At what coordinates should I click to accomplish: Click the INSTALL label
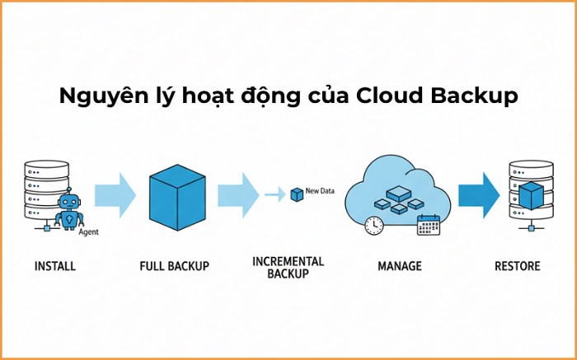[x=54, y=266]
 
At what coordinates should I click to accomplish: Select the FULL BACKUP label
[x=175, y=266]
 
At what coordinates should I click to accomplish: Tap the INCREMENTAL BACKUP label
[x=288, y=267]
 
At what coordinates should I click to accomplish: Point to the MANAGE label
[x=399, y=266]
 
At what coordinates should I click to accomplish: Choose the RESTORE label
[x=517, y=266]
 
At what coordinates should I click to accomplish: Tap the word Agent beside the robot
[x=88, y=232]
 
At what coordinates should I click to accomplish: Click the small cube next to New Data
[x=296, y=194]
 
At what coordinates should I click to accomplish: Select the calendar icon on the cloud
[x=428, y=225]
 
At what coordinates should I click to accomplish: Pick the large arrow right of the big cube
[x=237, y=195]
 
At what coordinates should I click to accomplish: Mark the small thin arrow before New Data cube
[x=274, y=195]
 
